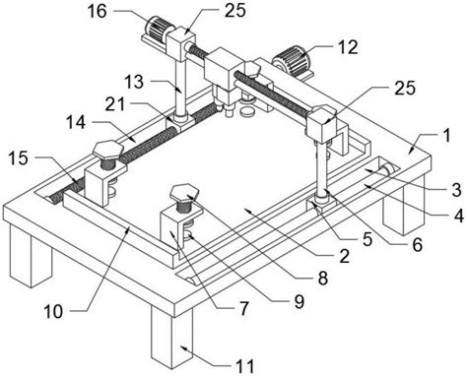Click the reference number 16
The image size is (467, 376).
[97, 11]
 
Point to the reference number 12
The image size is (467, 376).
[348, 47]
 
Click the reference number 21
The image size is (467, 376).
[115, 104]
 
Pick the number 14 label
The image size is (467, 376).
[76, 123]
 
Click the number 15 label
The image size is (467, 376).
[19, 158]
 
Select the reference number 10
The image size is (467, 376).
[53, 311]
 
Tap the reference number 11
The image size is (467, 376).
[244, 366]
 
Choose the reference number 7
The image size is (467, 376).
[243, 308]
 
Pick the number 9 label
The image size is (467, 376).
[299, 301]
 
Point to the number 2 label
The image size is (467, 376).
[344, 256]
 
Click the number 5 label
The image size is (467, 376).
[367, 239]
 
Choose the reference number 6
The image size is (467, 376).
[417, 244]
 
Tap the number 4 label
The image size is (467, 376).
[458, 216]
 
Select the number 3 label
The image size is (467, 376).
[456, 190]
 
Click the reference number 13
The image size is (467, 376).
[134, 82]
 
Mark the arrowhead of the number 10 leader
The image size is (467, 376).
[129, 228]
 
